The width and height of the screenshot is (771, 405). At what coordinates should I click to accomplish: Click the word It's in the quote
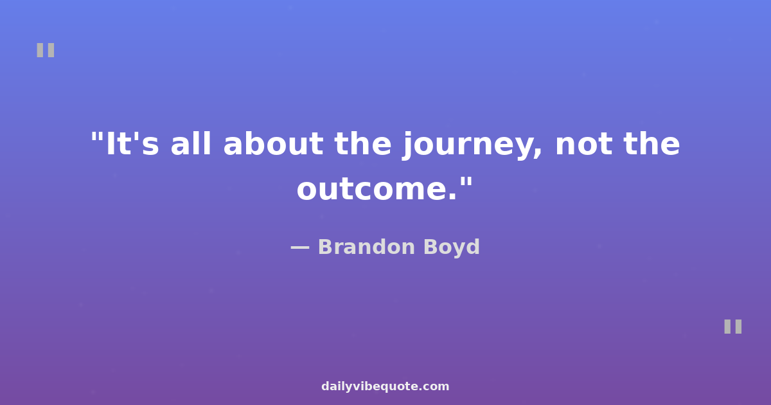(x=132, y=143)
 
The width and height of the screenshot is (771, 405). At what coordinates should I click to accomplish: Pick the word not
(x=584, y=145)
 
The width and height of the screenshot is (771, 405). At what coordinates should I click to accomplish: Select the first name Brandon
(x=366, y=247)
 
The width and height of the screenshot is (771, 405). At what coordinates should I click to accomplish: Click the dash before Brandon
(x=300, y=248)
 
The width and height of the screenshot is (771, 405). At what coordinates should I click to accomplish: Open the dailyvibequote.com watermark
(x=385, y=386)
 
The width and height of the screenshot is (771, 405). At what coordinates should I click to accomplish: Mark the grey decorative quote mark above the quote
(x=46, y=50)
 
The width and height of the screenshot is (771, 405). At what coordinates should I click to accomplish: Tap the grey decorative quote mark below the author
(x=733, y=327)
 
